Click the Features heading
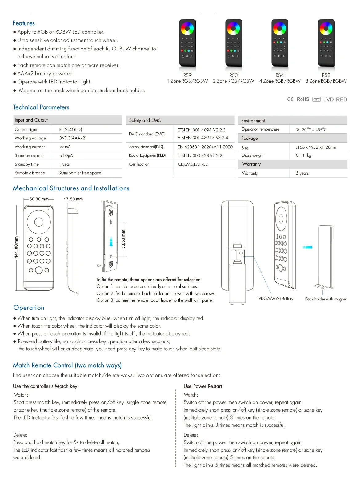coord(23,23)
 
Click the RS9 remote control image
coord(187,43)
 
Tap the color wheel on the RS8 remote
coord(326,30)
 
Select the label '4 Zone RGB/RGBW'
coord(280,81)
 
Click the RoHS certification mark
coord(303,99)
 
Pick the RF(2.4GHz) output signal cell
coord(70,129)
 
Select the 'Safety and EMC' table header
coord(145,120)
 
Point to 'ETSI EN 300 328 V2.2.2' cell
coord(200,155)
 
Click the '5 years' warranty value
coord(302,173)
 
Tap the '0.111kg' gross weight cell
coord(303,155)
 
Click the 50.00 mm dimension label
coord(39,199)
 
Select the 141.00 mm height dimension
coord(17,247)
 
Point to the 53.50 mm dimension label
coord(123,239)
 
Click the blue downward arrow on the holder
coord(111,242)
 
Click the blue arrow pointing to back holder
coord(307,247)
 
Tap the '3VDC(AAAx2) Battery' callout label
coord(275,298)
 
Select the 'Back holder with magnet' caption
coord(326,299)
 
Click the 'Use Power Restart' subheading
coord(203,386)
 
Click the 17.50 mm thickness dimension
coord(73,199)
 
